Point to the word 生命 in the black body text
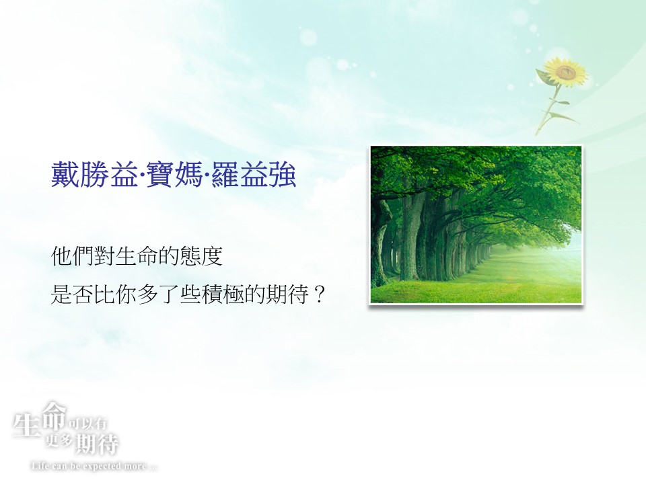point(137,256)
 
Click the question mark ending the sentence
point(319,294)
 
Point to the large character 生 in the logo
point(26,425)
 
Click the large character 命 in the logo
point(55,415)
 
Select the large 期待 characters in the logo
point(98,444)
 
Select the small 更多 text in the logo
point(59,441)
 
